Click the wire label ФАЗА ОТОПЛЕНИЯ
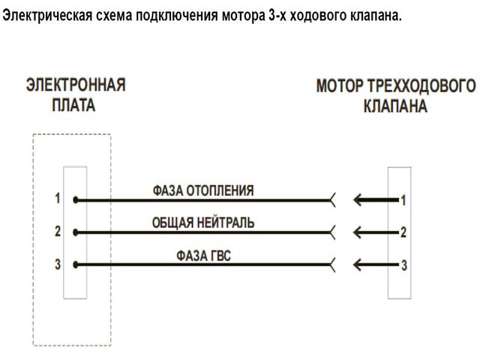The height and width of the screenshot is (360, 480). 202,190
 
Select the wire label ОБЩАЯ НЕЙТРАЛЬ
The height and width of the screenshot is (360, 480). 203,223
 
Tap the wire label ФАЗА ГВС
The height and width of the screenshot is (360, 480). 203,255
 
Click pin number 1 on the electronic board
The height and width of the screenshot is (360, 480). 58,199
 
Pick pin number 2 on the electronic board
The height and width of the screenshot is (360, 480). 58,232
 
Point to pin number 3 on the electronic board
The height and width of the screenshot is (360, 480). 58,264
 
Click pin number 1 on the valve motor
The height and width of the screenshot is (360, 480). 403,200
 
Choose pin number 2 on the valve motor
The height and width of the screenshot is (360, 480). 403,232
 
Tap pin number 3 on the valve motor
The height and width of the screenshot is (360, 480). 403,265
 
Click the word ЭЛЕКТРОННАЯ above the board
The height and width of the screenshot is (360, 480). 76,84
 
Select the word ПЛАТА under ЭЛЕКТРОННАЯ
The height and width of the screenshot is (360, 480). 73,105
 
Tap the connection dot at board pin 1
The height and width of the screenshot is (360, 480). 76,200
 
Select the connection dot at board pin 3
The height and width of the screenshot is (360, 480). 76,265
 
